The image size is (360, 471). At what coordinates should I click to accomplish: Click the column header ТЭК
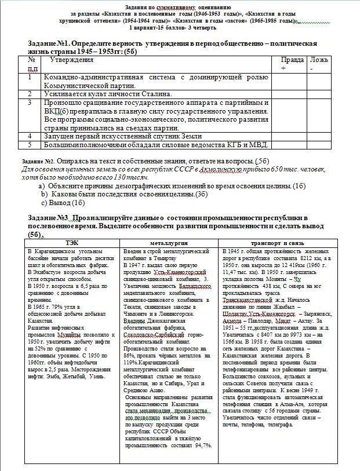click(x=72, y=243)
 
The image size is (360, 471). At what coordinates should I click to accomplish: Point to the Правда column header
click(x=291, y=60)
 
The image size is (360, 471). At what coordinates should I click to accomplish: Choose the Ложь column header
click(x=318, y=60)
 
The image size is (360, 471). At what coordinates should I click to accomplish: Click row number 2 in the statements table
click(x=30, y=94)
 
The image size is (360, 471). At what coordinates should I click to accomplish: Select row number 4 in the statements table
click(x=30, y=136)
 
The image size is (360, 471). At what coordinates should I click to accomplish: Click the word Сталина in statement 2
click(x=155, y=94)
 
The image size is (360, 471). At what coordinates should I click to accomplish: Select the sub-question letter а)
click(x=42, y=185)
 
